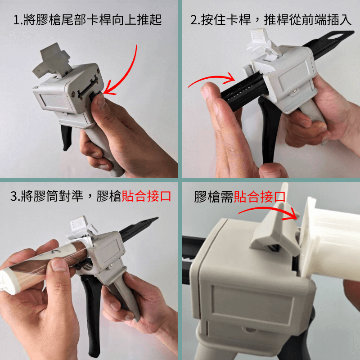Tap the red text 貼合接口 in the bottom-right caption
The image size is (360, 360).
(x=260, y=197)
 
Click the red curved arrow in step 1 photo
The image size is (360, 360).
(x=130, y=67)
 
